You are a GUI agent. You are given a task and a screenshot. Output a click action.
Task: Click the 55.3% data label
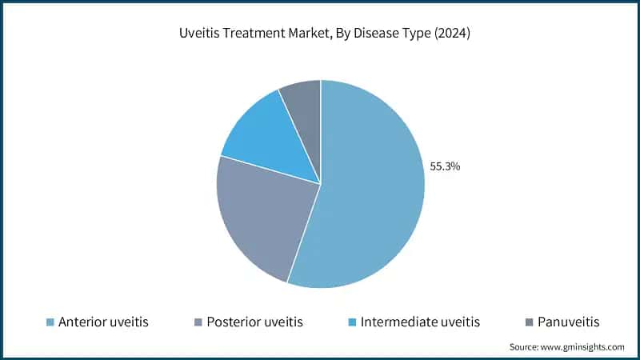point(445,167)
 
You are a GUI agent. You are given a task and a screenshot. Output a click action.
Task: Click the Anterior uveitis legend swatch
point(50,322)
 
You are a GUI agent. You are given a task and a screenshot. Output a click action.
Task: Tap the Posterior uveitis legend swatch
point(198,322)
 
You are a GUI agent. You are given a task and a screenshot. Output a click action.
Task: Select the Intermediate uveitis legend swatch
point(352,322)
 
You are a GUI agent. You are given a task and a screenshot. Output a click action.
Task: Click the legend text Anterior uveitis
point(103,322)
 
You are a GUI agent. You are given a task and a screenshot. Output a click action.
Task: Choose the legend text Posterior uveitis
point(254,322)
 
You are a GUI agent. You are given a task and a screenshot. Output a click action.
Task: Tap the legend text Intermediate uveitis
point(420,322)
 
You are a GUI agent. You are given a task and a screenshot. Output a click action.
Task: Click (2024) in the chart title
point(451,34)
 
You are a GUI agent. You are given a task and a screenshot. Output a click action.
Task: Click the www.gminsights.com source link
point(584,346)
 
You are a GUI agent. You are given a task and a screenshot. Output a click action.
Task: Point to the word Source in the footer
point(525,346)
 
